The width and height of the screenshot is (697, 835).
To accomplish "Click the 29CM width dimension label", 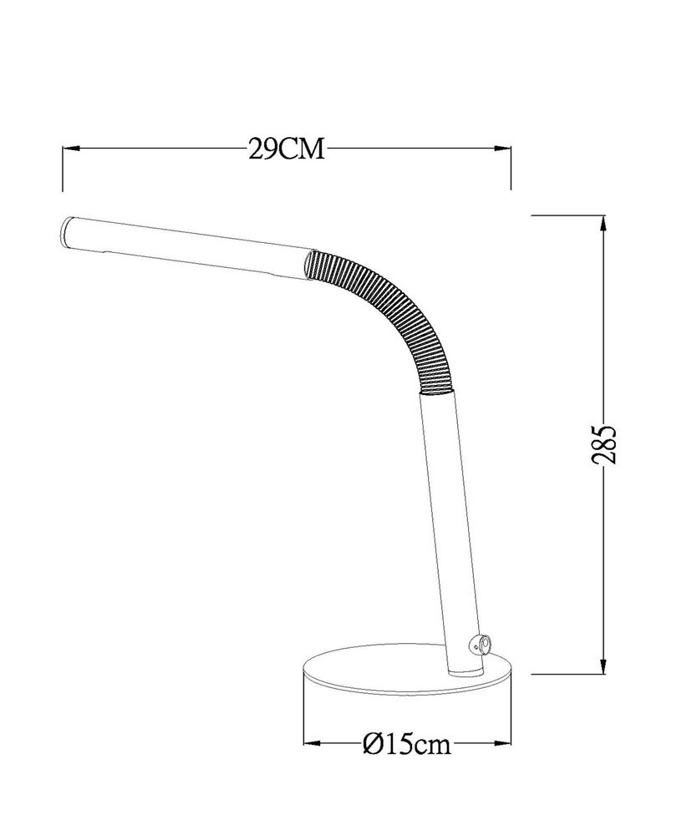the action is (x=286, y=149).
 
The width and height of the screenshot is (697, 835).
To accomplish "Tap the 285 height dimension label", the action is (x=604, y=444).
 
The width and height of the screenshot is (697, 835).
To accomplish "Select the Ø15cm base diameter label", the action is (x=406, y=744).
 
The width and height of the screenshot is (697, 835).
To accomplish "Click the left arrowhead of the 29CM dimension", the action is (x=71, y=149).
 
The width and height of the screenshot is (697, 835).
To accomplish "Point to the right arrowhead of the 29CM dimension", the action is (x=503, y=149).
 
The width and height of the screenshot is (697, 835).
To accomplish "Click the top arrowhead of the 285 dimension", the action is (x=603, y=223).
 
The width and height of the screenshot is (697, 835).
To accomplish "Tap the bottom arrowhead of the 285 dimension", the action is (x=603, y=666).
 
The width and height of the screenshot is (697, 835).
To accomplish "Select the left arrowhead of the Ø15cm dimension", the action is (x=312, y=743).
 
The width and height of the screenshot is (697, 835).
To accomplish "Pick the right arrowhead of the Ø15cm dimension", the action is (x=503, y=743).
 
